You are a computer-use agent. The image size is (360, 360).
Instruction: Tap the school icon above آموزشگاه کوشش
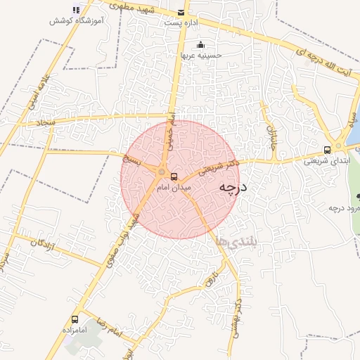click(x=76, y=10)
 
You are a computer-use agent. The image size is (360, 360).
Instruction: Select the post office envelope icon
click(x=182, y=12)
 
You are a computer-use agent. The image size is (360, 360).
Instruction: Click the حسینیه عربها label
click(x=201, y=54)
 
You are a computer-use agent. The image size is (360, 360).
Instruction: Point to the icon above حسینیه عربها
click(x=201, y=44)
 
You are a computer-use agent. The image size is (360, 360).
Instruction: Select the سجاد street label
click(x=46, y=123)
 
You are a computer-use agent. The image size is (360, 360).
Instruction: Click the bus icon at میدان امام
click(x=174, y=176)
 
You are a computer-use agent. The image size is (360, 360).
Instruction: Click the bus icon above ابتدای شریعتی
click(x=327, y=149)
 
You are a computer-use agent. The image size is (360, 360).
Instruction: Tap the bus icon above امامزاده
click(x=75, y=320)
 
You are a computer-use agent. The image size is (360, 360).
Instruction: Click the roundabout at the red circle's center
click(x=162, y=172)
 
